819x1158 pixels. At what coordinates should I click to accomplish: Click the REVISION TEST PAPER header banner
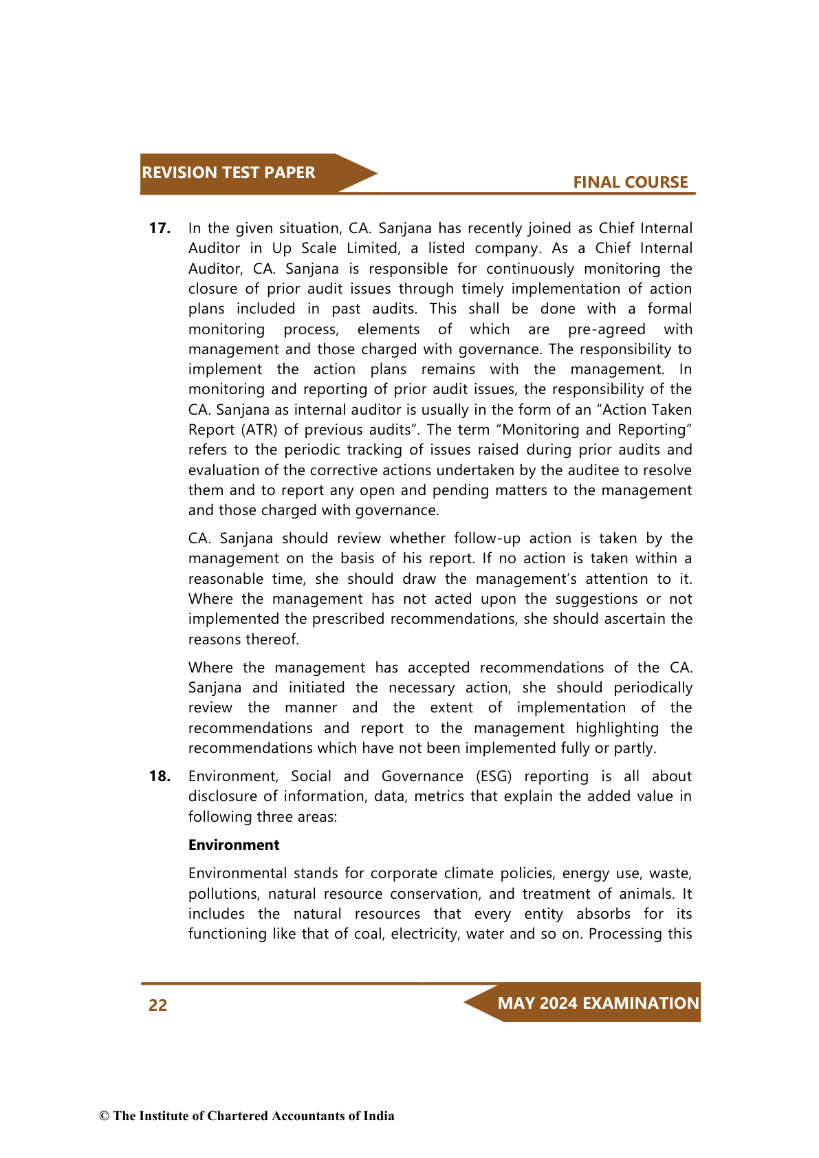[229, 173]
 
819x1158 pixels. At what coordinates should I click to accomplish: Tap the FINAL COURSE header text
[630, 182]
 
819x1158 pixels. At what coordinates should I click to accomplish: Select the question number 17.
[160, 228]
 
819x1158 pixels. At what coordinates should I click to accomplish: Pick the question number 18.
[160, 776]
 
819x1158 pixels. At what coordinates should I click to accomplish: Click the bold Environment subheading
[234, 845]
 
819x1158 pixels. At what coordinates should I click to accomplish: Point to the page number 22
[158, 1005]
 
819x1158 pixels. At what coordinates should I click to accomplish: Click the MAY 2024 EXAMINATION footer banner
[598, 1003]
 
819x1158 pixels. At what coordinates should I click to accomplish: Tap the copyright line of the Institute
[247, 1116]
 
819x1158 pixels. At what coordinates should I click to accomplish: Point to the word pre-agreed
[607, 329]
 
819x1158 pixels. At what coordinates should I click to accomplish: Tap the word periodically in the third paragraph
[653, 688]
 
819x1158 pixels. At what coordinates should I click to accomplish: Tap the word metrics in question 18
[439, 796]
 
